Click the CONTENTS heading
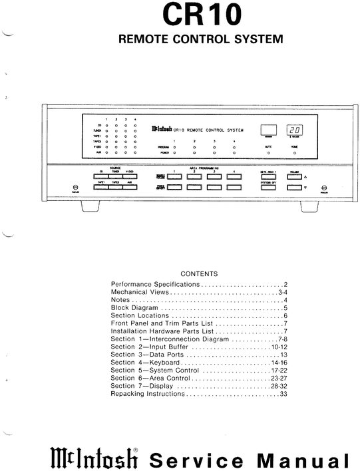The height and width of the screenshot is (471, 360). point(199,273)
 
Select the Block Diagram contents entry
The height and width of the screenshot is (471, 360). point(135,308)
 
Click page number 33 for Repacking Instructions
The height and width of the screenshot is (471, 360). point(283,394)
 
